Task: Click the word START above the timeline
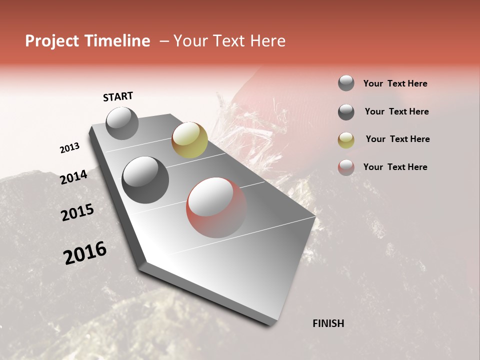click(118, 96)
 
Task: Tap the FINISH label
click(328, 323)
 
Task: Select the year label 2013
click(69, 148)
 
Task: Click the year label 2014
click(74, 177)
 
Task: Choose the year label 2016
click(85, 253)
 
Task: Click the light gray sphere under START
click(122, 123)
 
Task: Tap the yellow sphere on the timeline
click(189, 139)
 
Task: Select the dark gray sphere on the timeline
click(145, 180)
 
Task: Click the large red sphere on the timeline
click(216, 207)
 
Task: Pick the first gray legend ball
click(346, 83)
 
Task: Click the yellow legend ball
click(346, 139)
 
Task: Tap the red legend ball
click(346, 167)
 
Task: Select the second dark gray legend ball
click(346, 111)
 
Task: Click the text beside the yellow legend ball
click(397, 139)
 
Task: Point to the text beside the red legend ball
click(395, 167)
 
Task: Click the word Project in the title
click(51, 41)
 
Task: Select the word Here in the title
click(267, 41)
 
